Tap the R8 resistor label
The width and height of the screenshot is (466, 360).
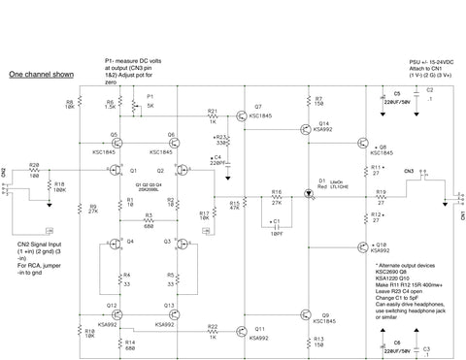click(x=70, y=103)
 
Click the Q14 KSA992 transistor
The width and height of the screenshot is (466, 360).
click(x=310, y=132)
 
